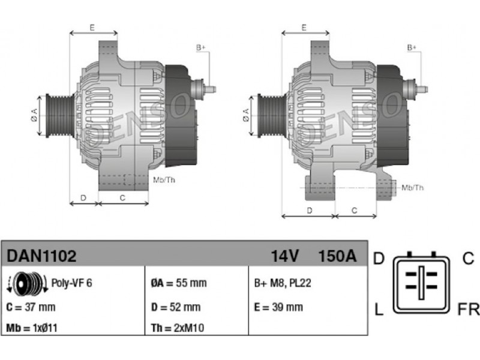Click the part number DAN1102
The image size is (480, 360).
pos(41,256)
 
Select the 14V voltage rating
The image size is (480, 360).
pos(284,256)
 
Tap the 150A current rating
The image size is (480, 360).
pos(338,256)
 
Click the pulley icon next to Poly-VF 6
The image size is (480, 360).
pos(27,284)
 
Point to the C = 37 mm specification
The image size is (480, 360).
pos(31,307)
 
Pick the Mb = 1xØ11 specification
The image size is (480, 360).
pos(32,328)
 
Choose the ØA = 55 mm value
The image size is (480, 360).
pos(179,283)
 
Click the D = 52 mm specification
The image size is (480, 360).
pos(176,307)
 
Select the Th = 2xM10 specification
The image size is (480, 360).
pos(178,328)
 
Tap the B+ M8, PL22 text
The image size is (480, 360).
pos(283,283)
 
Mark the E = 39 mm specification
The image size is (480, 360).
pos(278,307)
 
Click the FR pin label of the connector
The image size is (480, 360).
pos(469,309)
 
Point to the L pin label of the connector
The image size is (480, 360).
pos(379,309)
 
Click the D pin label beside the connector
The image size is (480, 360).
pos(379,259)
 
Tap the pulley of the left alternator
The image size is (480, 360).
pos(59,116)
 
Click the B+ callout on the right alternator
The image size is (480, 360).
pos(412,48)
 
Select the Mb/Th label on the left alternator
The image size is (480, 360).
pos(164,180)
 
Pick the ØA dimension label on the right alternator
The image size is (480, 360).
pos(246,115)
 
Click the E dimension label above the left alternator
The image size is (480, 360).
pos(92,28)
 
